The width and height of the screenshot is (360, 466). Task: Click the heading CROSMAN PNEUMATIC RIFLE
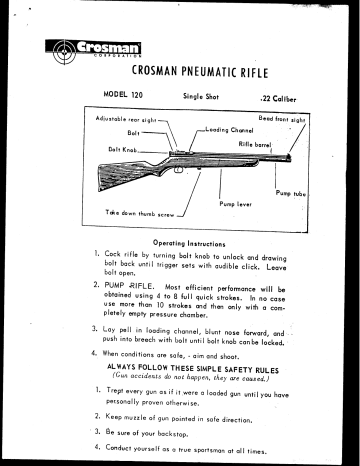(195, 70)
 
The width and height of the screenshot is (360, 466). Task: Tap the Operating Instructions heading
(194, 243)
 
